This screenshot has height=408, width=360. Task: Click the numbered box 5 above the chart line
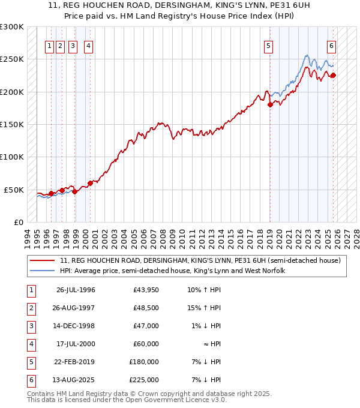(x=268, y=45)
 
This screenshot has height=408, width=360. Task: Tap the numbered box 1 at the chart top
(x=50, y=45)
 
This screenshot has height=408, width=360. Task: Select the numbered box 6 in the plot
(x=331, y=45)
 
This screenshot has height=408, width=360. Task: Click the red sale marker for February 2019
(x=270, y=105)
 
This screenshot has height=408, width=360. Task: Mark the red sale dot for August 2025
(x=334, y=75)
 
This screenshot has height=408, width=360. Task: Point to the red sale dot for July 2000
(x=91, y=183)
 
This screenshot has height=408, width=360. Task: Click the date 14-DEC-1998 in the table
(x=76, y=327)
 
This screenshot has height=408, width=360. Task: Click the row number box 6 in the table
(x=29, y=380)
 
